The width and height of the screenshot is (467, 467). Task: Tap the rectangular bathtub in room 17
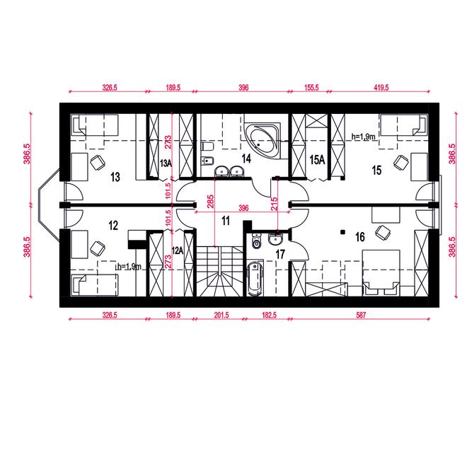point(255,278)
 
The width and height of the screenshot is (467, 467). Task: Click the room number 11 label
point(226,221)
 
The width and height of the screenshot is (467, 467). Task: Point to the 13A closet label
point(166,163)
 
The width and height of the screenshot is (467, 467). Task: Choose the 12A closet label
point(178,250)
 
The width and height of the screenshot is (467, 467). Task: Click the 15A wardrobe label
point(317,160)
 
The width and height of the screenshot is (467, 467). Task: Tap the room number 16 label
point(360,237)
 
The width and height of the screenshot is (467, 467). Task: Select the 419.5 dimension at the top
point(381,88)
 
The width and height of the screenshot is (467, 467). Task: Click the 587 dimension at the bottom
point(361,315)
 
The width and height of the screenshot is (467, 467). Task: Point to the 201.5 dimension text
point(221,315)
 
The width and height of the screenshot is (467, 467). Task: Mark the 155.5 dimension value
point(311,88)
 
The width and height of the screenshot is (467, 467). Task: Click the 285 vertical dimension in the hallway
point(211,202)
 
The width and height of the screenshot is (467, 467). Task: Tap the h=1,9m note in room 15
point(363,137)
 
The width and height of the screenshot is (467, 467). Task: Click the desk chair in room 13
point(98,163)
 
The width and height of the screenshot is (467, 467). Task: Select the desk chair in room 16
point(383,232)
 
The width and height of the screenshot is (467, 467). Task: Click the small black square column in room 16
point(343,231)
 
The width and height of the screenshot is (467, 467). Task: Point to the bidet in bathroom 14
point(207,161)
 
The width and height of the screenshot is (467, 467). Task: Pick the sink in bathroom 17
point(276,239)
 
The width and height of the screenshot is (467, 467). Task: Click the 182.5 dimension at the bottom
point(269,315)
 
